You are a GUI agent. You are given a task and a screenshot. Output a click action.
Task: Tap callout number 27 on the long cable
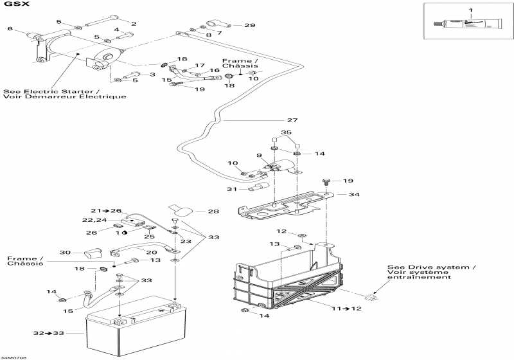[x=292, y=120]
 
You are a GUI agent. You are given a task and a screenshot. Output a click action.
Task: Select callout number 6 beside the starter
[x=10, y=29]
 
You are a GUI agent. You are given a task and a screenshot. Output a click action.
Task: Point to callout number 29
[x=249, y=25]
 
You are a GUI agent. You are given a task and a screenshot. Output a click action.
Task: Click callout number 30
[x=64, y=252]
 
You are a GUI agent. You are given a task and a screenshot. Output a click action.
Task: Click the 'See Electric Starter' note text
[x=64, y=94]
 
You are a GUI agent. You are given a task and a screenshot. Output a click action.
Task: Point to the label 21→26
[x=105, y=211]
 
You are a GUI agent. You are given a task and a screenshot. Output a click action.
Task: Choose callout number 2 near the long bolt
[x=134, y=24]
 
